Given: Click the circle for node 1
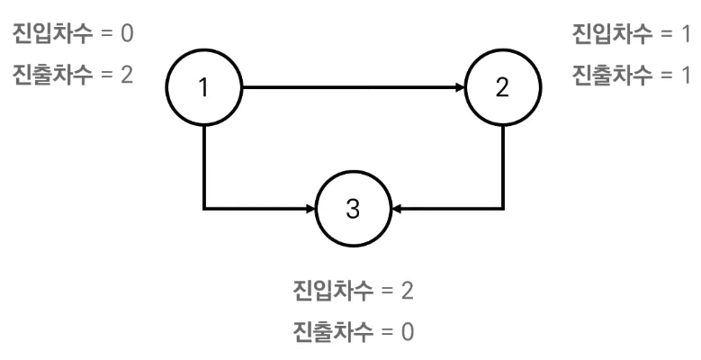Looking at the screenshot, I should pos(204,88).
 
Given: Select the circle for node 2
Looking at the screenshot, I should pos(502,88).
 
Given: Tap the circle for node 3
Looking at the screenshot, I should pos(353,208).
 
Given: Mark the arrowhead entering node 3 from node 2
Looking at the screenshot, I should pos(398,208).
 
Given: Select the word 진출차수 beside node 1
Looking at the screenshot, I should pos(51,75).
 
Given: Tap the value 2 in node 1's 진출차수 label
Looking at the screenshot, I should pos(127,75).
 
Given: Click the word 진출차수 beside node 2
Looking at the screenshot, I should pos(613,75).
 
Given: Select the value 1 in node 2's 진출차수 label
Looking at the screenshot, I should pos(687,75).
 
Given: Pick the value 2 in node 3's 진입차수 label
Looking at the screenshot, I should pos(408,292).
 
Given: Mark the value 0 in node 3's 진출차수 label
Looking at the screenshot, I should pos(408,330).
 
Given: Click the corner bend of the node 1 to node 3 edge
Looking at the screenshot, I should pos(205,208).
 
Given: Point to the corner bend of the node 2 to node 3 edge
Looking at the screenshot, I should pos(502,208).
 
